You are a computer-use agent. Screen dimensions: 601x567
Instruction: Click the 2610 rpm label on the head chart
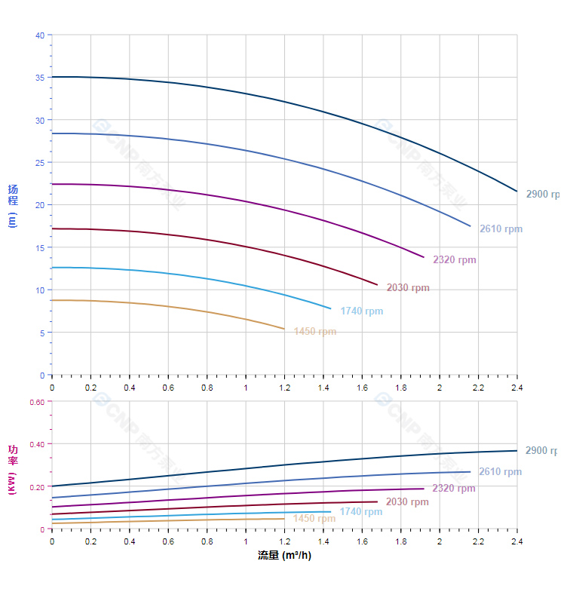pos(501,229)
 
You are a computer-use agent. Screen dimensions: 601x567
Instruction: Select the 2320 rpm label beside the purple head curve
pos(454,260)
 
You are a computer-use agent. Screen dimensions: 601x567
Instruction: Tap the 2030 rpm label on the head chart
pos(408,288)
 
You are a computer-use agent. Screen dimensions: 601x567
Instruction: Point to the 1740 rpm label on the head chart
pos(361,311)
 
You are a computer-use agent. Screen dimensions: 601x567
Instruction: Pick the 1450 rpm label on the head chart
pos(315,332)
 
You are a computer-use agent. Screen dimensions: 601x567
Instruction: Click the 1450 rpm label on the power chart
pos(314,519)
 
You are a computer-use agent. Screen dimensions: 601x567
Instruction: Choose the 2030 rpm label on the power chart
pos(407,502)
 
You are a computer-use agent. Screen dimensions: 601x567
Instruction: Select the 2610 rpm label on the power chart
pos(500,472)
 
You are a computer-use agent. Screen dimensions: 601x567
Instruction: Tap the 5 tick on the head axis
pos(41,333)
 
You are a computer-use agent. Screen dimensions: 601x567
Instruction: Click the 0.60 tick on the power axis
pos(37,402)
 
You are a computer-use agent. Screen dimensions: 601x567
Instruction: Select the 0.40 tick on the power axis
pos(37,444)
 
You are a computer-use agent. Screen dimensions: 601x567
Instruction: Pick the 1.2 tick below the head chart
pos(284,388)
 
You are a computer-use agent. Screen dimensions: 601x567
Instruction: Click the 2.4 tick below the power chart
pos(517,541)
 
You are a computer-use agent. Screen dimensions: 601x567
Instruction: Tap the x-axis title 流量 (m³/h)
pos(284,556)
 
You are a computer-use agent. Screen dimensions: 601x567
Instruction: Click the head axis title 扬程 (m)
pos(12,205)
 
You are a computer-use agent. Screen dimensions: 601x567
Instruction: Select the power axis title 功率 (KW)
pos(12,469)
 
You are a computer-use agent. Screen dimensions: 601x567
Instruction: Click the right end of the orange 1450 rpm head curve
pos(284,329)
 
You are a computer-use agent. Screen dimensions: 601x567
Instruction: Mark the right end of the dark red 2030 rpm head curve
pos(377,284)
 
